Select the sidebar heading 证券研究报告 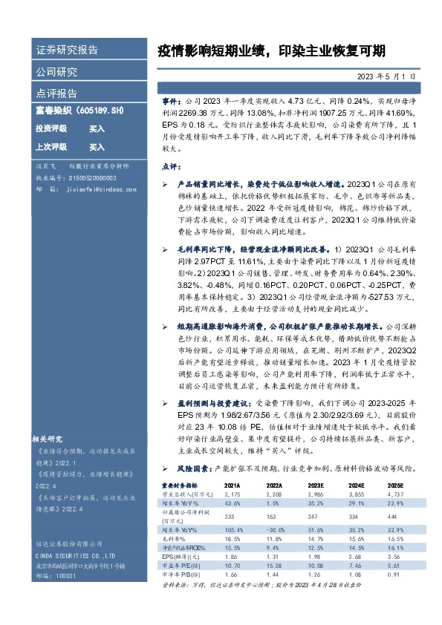[67, 50]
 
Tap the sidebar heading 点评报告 [56, 94]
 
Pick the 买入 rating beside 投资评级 [97, 128]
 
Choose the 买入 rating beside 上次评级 [97, 147]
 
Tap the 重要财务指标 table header [181, 484]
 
